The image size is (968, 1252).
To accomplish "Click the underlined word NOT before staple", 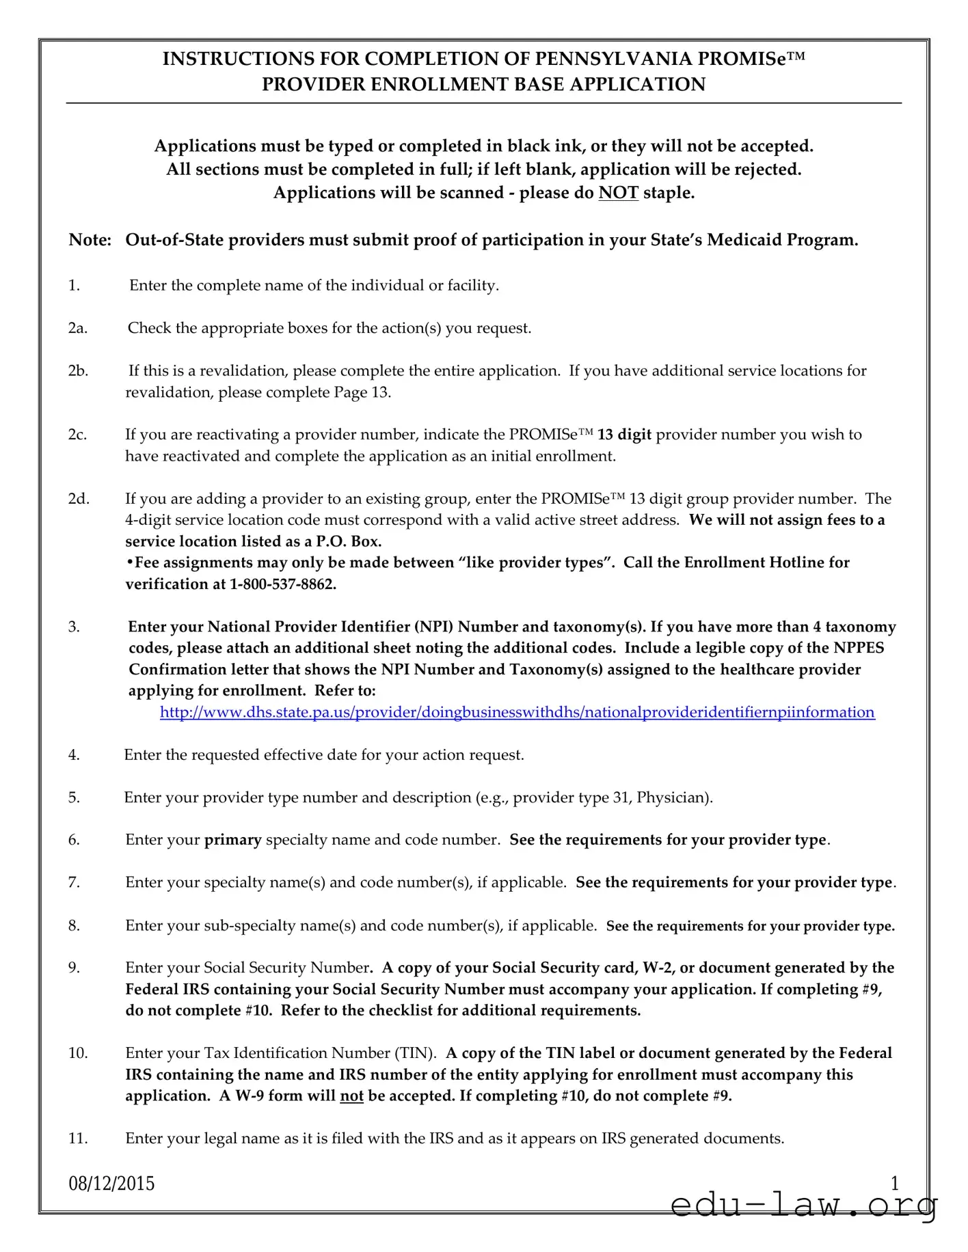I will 618,193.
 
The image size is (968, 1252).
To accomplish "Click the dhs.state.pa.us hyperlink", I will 517,712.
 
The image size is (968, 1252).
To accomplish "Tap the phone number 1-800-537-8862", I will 283,584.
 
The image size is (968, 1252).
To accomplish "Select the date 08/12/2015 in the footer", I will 111,1183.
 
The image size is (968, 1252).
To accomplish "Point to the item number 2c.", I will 77,435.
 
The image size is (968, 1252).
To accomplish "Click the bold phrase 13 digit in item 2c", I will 624,435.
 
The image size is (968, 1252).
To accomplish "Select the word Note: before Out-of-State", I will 90,240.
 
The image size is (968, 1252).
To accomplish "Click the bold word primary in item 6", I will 232,840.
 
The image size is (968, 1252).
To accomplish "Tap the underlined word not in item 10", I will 351,1096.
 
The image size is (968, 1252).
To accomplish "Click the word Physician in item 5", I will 671,798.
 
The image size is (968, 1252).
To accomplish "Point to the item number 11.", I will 77,1139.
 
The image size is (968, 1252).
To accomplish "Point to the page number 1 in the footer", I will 895,1183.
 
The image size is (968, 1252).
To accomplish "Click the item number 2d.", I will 78,499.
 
